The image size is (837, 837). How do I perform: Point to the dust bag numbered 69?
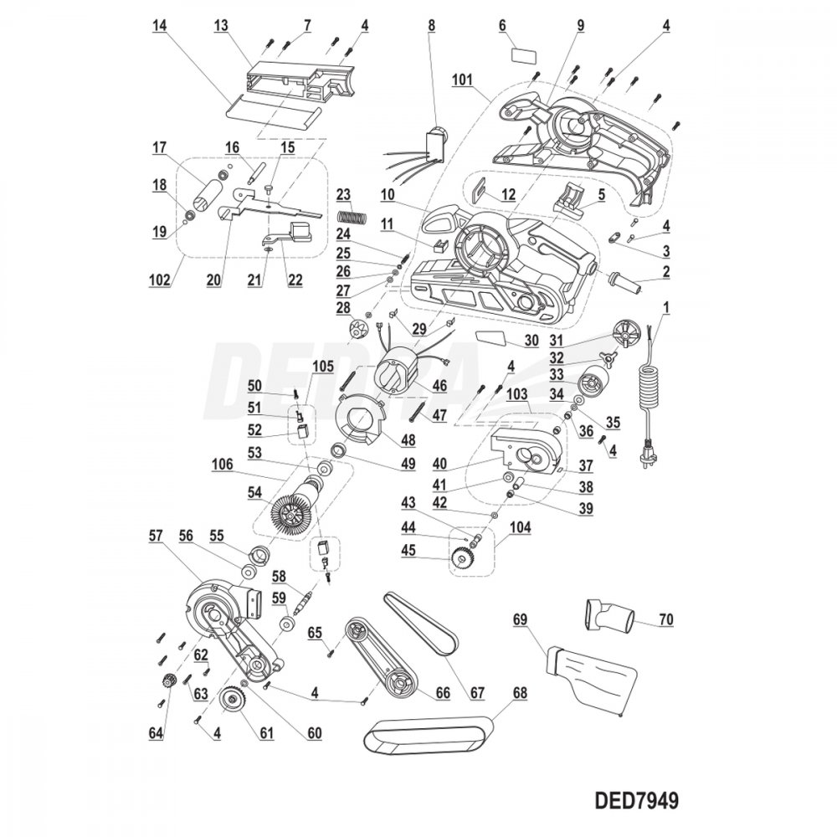590,675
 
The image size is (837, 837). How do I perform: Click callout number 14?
159,26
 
